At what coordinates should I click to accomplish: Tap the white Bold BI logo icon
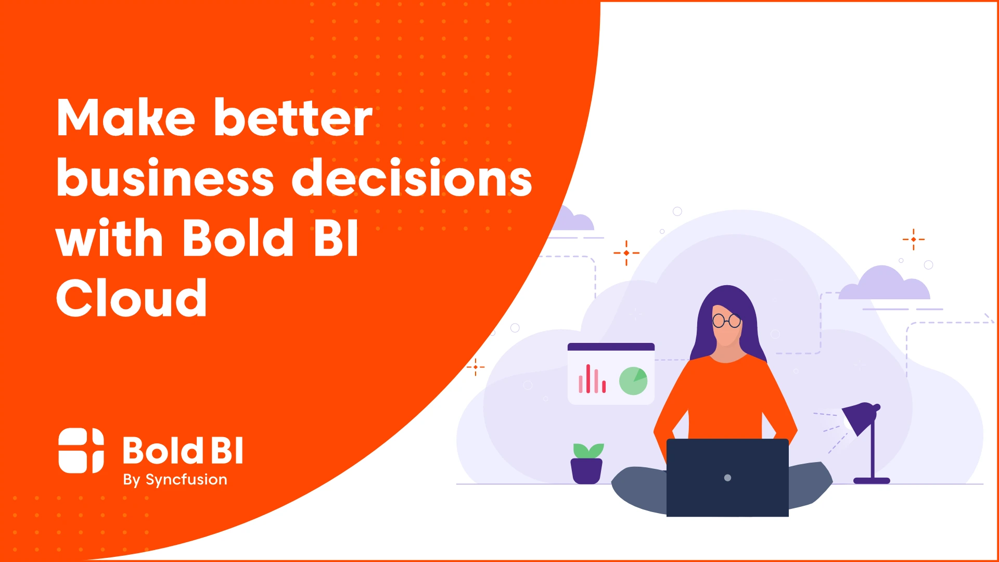click(x=81, y=451)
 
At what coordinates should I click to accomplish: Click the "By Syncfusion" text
click(x=175, y=480)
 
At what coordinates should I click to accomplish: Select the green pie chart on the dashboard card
click(x=633, y=381)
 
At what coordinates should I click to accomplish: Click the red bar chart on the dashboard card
click(x=592, y=379)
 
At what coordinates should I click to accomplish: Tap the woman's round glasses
click(x=726, y=321)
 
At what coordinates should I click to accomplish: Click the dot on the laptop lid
click(x=727, y=478)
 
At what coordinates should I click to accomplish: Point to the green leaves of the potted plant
click(x=588, y=451)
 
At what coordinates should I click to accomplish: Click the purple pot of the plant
click(x=586, y=471)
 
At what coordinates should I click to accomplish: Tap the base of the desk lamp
click(x=872, y=481)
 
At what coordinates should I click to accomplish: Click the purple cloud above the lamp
click(x=884, y=283)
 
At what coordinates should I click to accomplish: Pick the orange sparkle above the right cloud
click(x=914, y=239)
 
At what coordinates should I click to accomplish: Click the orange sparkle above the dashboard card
click(x=626, y=253)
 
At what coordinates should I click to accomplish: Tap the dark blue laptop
click(x=727, y=478)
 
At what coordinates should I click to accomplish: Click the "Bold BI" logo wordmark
click(x=183, y=450)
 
